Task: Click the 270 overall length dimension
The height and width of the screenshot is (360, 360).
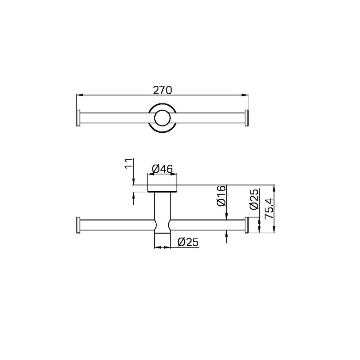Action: coord(162,90)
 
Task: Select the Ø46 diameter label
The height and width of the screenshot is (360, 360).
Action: coord(162,170)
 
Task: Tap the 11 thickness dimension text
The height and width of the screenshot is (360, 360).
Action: coord(129,163)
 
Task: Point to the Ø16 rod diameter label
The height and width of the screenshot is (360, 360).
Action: coord(221,195)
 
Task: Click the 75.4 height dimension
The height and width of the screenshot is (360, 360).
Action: coord(269,208)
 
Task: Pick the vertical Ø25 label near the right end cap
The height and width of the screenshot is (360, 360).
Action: coord(254,199)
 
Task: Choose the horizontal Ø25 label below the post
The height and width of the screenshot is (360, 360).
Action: coord(188,242)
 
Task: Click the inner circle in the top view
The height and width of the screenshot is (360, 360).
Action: coord(162,118)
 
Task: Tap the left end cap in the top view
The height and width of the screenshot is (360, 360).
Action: coord(78,118)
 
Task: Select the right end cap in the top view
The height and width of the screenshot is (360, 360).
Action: coord(247,118)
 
